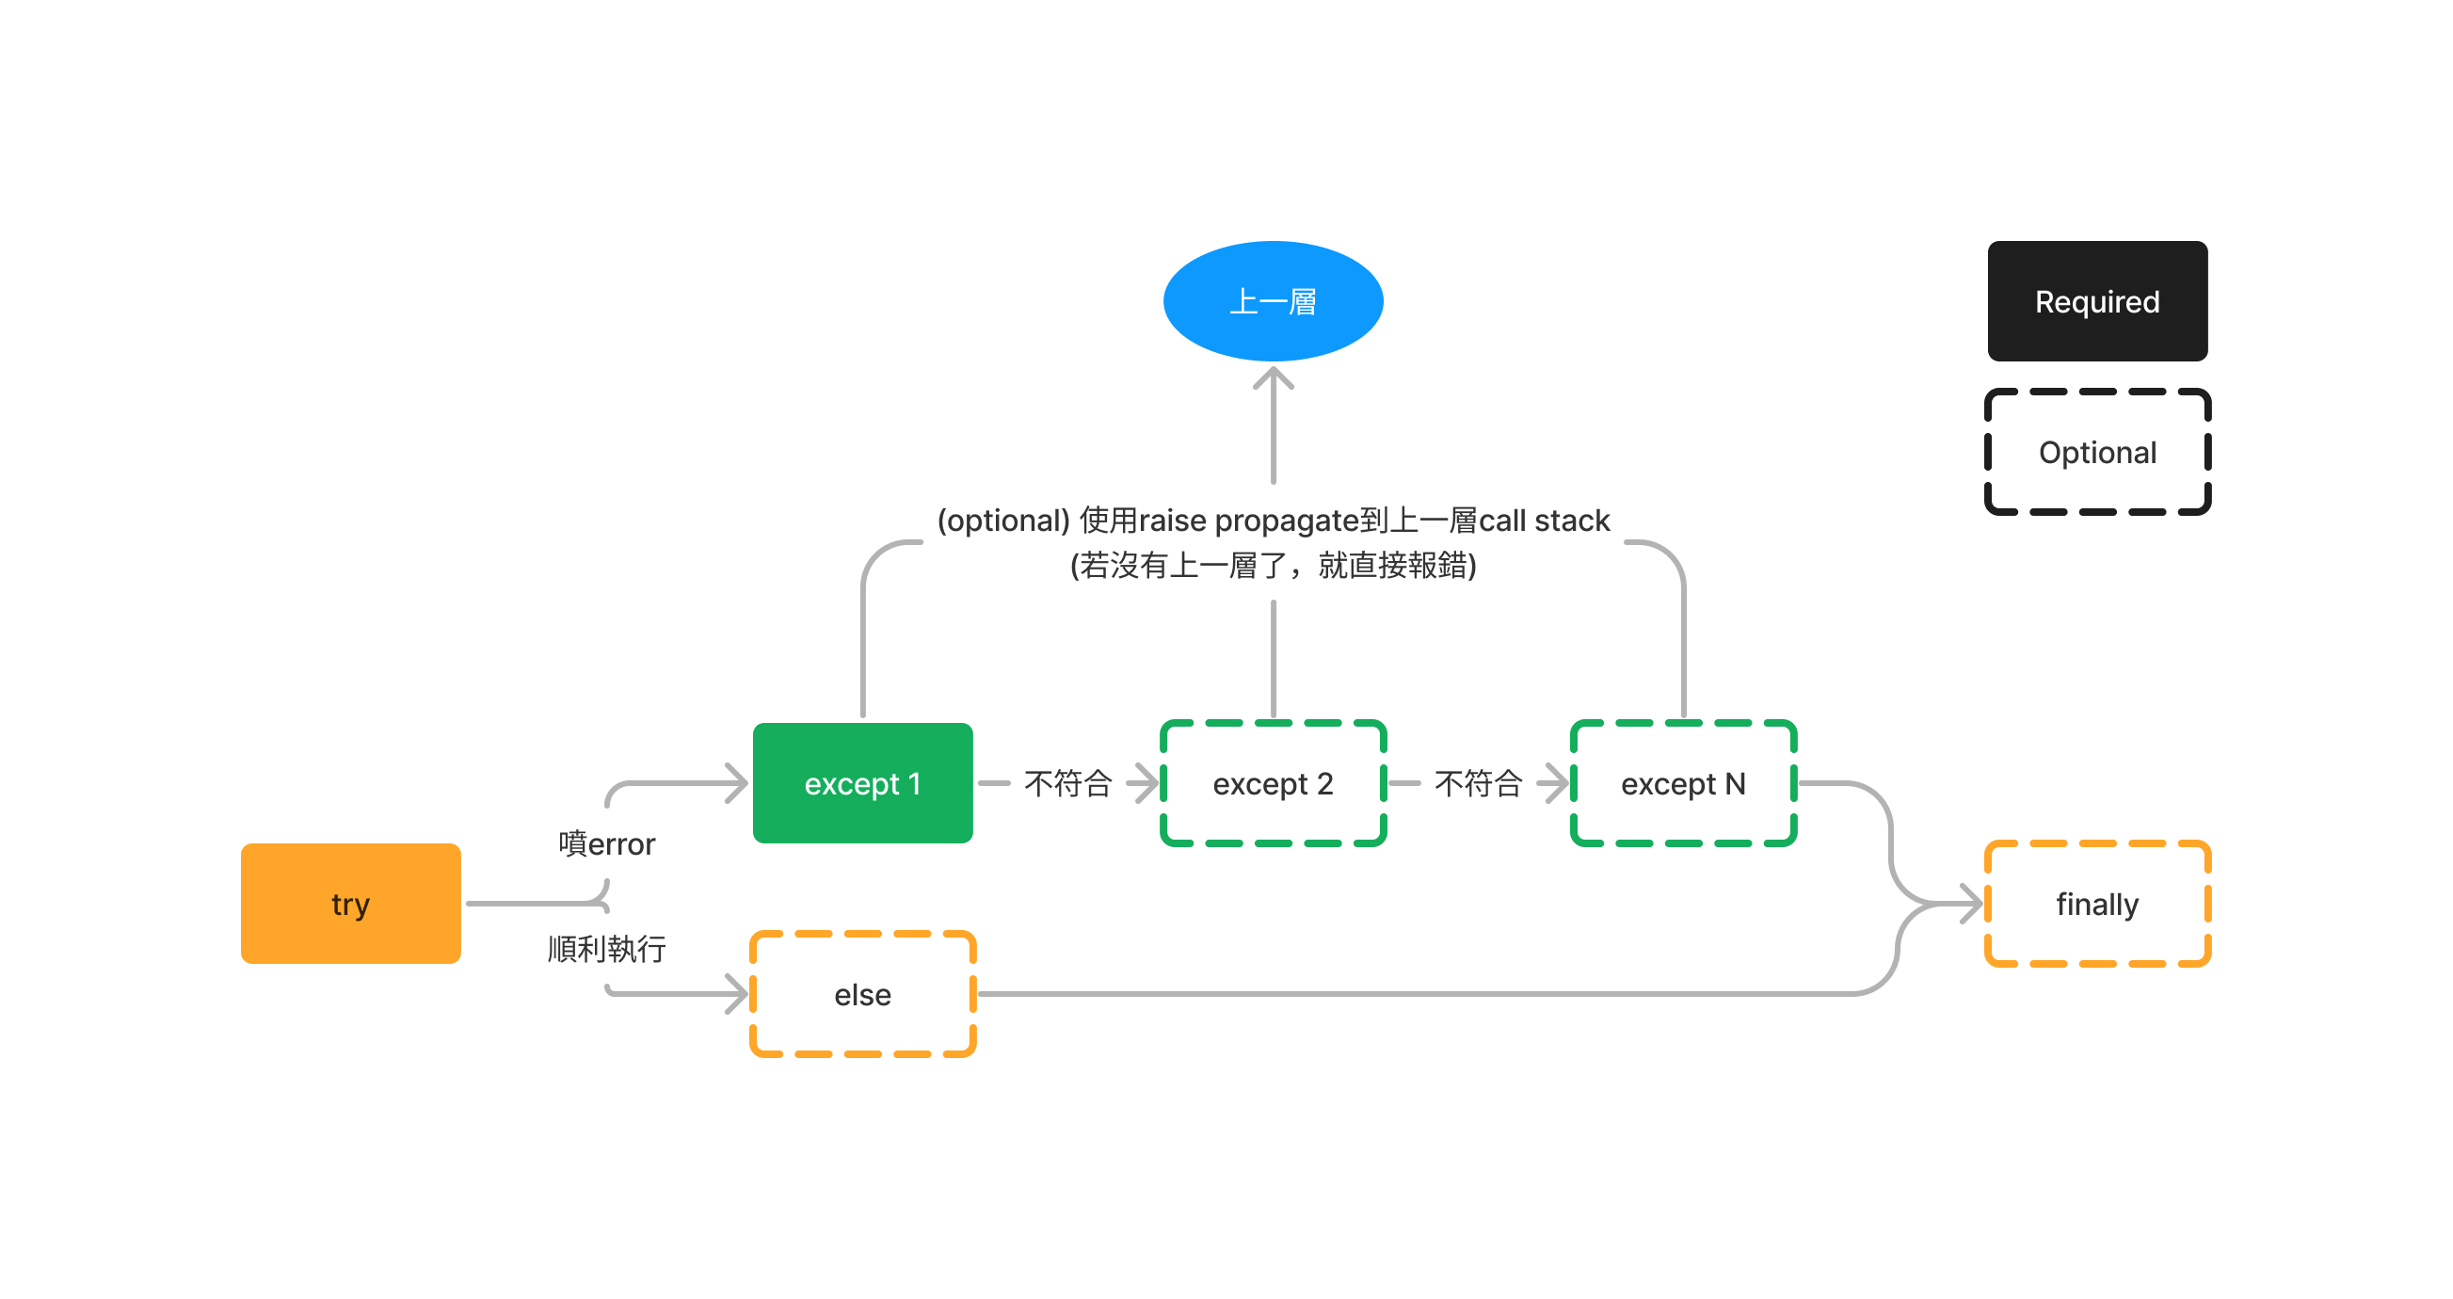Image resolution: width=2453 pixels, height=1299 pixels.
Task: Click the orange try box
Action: click(350, 903)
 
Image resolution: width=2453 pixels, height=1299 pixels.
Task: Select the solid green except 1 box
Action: click(862, 783)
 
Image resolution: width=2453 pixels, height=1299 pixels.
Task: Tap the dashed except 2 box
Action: click(1273, 783)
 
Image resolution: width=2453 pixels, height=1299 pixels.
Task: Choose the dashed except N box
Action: click(1683, 783)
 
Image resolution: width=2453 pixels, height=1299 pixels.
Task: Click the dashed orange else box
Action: click(862, 994)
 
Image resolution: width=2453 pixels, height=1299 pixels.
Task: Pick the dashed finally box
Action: click(2096, 903)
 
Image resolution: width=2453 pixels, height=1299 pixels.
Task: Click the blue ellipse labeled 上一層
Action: click(1273, 301)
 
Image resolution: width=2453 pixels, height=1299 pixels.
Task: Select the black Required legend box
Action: click(2096, 301)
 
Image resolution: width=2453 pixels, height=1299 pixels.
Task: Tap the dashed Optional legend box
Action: click(2096, 452)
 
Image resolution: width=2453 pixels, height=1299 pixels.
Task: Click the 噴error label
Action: click(606, 843)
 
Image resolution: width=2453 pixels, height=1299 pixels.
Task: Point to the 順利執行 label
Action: click(606, 949)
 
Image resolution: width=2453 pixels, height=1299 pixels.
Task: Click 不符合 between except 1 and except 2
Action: click(1067, 783)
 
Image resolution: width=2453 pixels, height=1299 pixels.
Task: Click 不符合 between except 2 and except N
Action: click(1478, 783)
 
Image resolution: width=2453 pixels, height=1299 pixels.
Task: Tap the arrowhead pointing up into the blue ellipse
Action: click(1273, 378)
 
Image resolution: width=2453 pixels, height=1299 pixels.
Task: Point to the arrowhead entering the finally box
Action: click(1972, 903)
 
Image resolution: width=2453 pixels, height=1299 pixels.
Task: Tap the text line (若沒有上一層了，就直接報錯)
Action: click(1273, 566)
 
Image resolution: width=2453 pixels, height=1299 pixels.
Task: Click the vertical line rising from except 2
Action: click(1273, 657)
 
